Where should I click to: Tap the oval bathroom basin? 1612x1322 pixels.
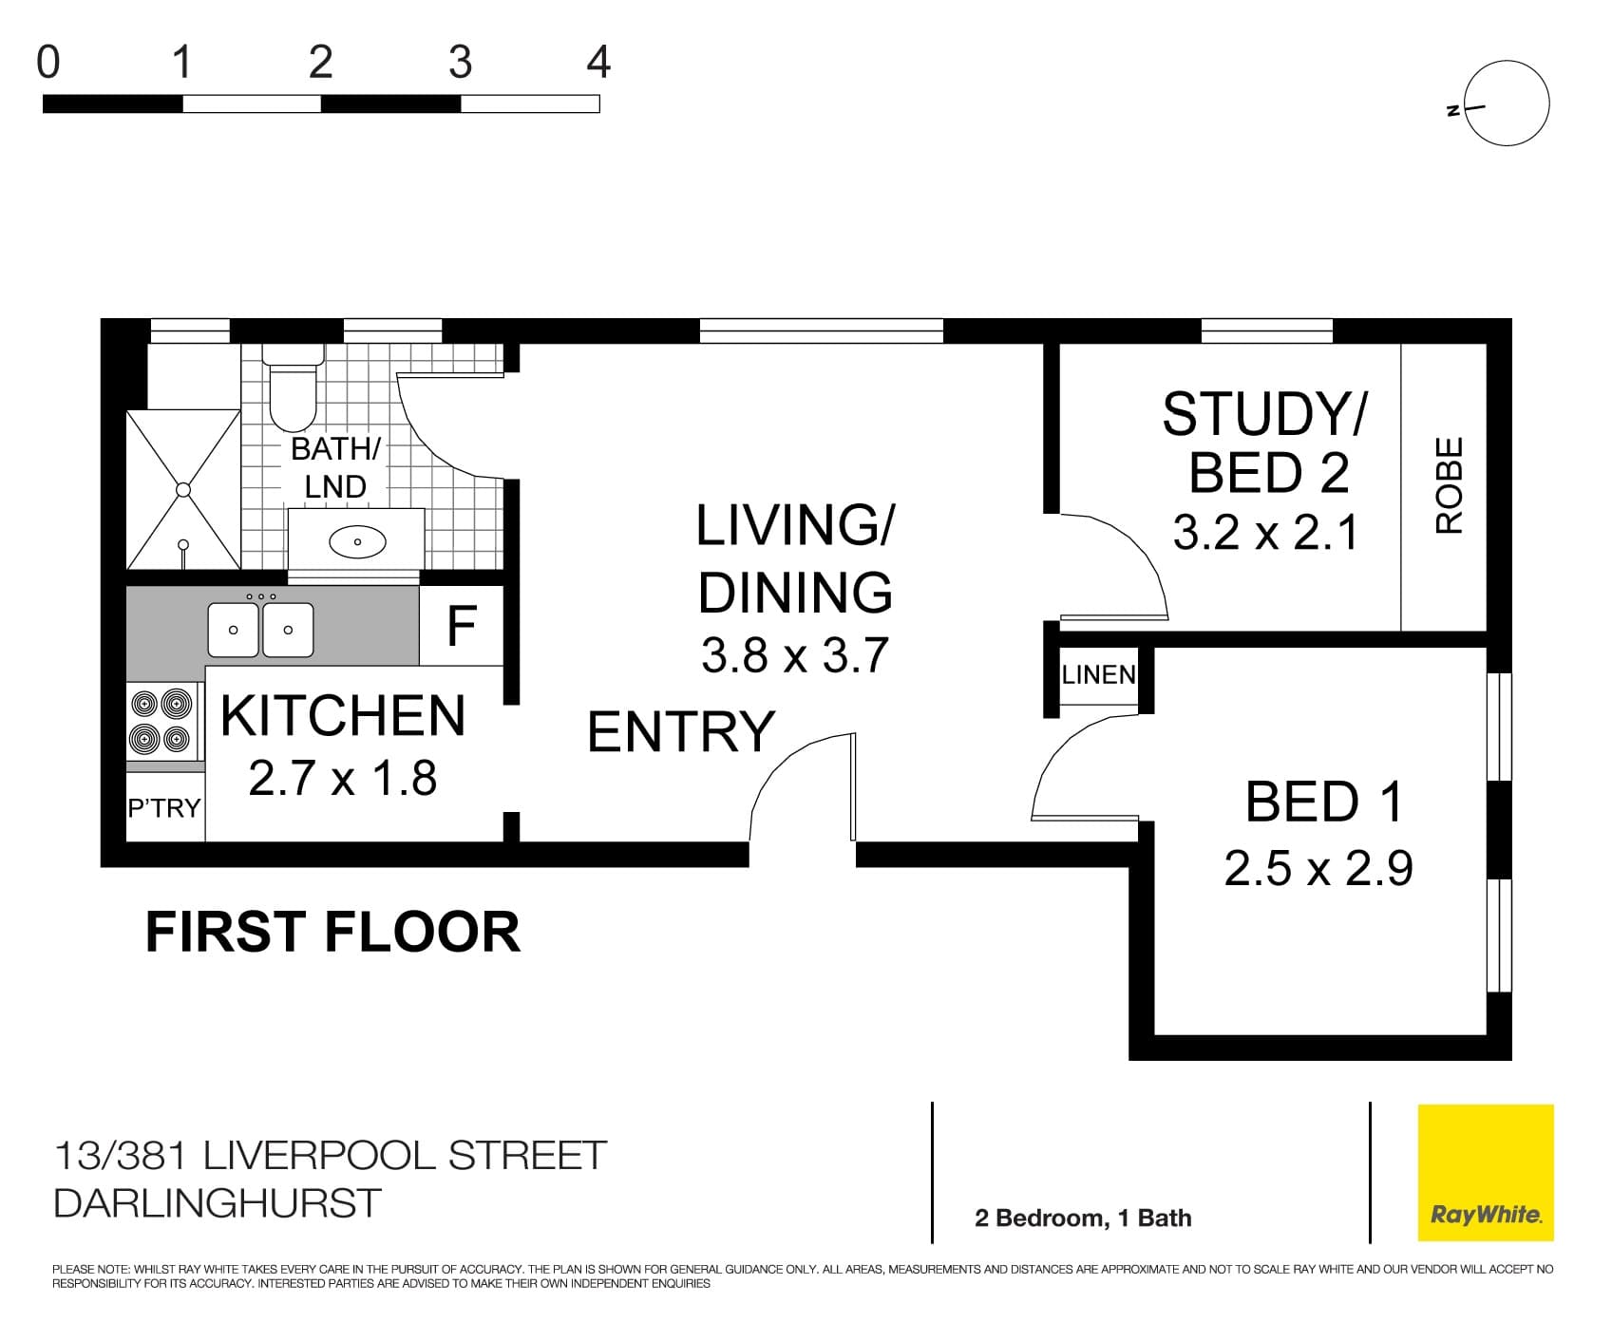(x=357, y=542)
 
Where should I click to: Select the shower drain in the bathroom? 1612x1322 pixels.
(x=182, y=489)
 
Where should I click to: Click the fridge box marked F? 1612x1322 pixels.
(x=462, y=626)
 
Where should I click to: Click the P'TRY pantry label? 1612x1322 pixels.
(x=164, y=808)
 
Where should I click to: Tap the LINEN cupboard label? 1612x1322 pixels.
(x=1098, y=675)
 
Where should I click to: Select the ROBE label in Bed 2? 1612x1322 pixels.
(x=1449, y=485)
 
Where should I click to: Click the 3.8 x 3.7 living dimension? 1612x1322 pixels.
(x=794, y=655)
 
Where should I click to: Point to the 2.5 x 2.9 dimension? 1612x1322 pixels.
(x=1318, y=868)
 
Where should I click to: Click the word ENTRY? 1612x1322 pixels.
(x=681, y=732)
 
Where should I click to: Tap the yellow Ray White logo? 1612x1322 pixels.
(x=1486, y=1173)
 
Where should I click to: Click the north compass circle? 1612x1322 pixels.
(x=1507, y=104)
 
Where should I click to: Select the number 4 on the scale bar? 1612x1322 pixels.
(x=598, y=63)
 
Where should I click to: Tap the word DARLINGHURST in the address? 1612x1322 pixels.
(x=218, y=1203)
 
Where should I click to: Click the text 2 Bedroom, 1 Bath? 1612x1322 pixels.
(x=1083, y=1218)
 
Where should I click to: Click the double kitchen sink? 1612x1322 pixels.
(x=261, y=629)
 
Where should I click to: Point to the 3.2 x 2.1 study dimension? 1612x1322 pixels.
(x=1265, y=533)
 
